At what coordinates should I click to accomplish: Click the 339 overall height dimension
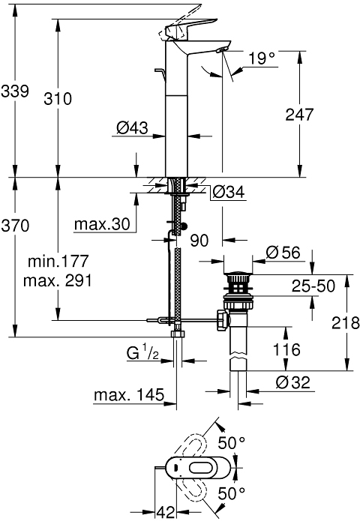[15, 91]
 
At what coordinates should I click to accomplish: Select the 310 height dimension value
[58, 99]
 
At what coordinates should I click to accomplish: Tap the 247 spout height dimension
[299, 114]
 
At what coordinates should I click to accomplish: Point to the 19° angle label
[262, 58]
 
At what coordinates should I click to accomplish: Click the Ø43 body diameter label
[132, 127]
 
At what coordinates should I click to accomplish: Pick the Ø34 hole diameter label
[229, 192]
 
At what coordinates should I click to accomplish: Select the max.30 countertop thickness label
[102, 224]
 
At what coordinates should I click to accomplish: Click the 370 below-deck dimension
[15, 226]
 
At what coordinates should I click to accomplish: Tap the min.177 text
[58, 261]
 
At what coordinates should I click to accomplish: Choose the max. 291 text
[58, 281]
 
